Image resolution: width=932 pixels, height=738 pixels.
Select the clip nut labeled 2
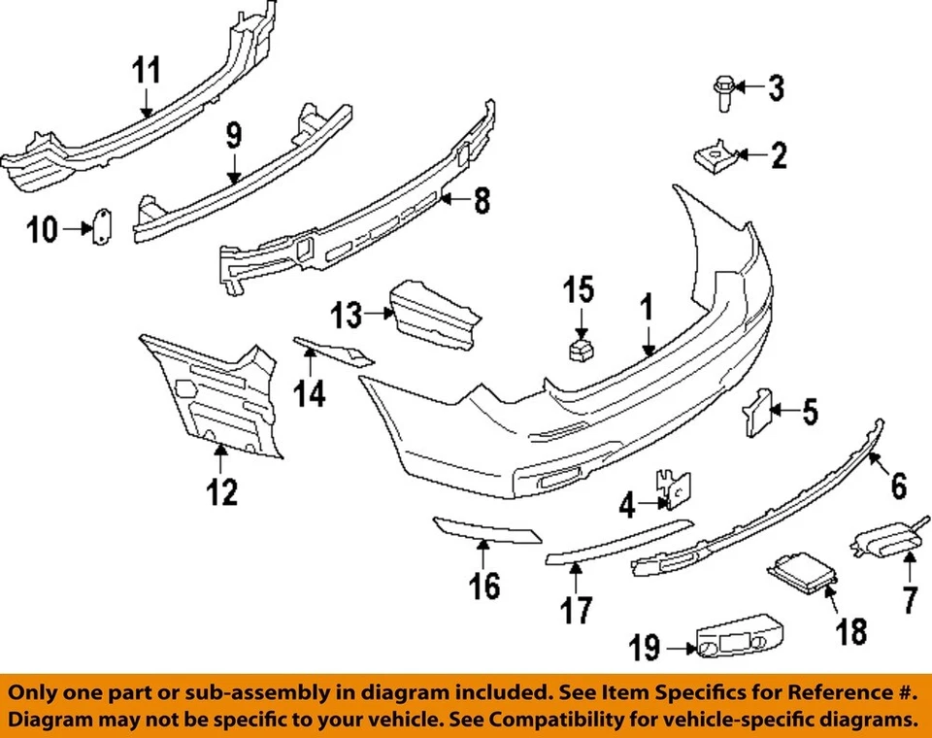pos(714,153)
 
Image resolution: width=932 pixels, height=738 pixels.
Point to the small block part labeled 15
pos(580,349)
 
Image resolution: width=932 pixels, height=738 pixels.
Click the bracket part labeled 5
pos(756,412)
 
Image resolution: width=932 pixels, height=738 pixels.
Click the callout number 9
pos(234,136)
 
